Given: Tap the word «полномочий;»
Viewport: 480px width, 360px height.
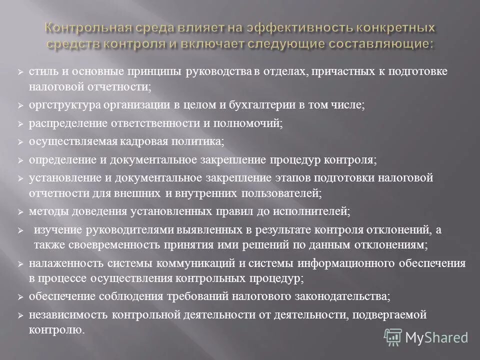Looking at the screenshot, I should tap(255, 123).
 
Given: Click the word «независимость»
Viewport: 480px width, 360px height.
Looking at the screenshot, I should tap(68, 315).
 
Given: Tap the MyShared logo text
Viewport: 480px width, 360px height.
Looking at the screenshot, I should tap(436, 337).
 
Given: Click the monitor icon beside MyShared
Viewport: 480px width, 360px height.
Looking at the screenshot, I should tap(393, 337).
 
